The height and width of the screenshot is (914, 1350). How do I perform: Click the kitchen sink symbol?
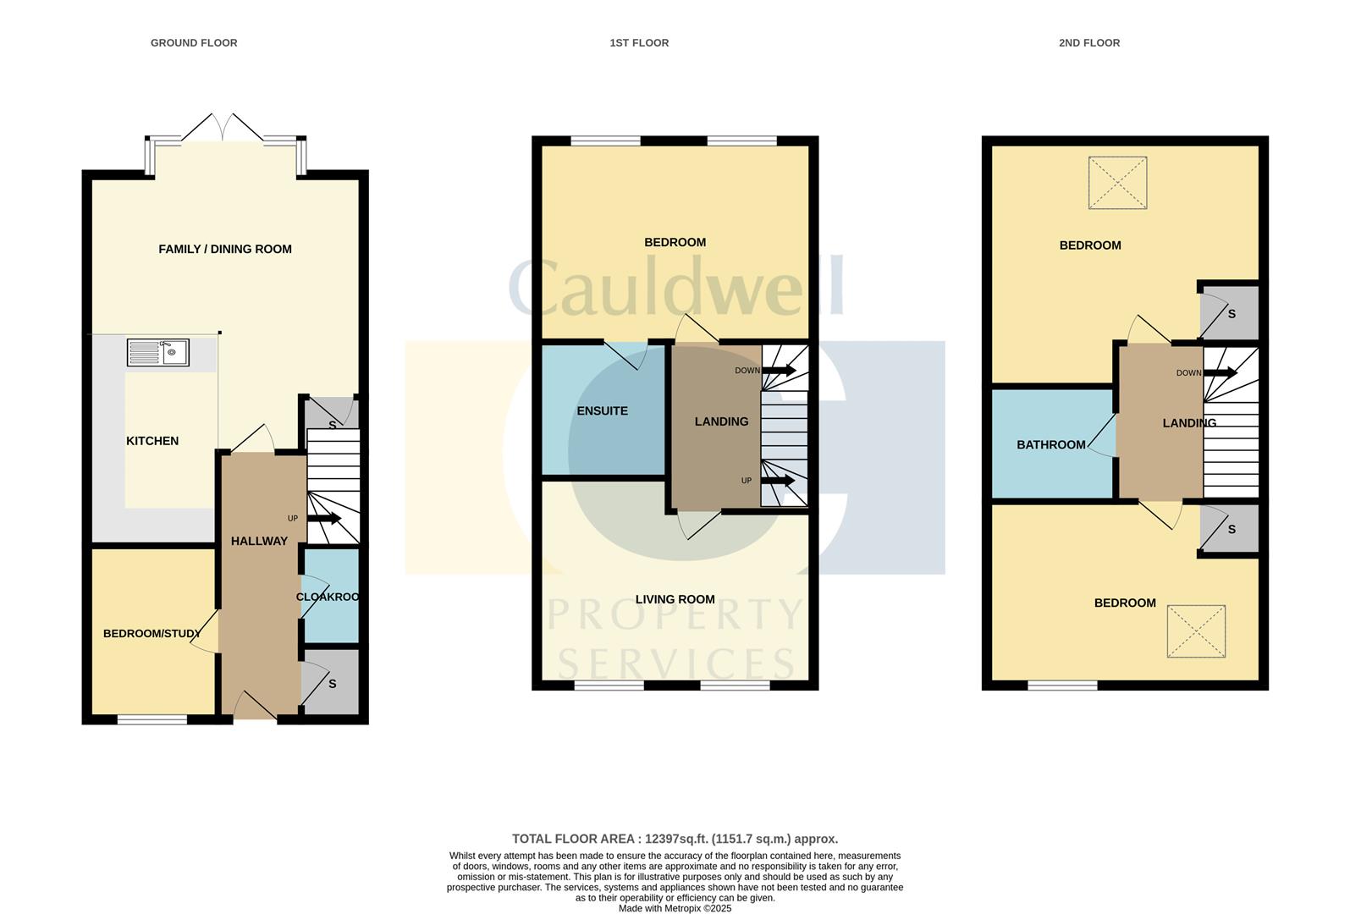click(158, 352)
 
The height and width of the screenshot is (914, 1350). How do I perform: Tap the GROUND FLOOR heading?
click(194, 42)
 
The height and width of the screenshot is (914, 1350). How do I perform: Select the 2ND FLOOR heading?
click(1088, 42)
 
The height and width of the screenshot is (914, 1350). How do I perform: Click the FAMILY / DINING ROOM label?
click(225, 249)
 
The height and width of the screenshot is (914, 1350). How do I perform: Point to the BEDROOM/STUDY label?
click(152, 633)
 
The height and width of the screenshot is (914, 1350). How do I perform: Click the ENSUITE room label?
click(602, 410)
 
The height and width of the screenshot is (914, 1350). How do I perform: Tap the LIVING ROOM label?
click(675, 599)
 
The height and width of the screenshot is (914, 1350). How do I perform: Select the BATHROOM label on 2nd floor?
click(1050, 444)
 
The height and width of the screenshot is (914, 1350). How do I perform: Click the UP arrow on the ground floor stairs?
click(324, 519)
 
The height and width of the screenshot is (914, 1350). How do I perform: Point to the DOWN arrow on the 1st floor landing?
click(779, 371)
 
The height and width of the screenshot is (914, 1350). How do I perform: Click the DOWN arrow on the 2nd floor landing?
click(1221, 372)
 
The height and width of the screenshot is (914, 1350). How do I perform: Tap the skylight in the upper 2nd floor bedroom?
click(1117, 183)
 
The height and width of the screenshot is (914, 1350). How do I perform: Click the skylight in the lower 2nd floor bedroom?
click(1196, 631)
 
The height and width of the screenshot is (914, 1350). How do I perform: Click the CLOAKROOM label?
click(328, 597)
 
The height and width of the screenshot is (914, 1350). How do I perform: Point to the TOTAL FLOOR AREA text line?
click(675, 839)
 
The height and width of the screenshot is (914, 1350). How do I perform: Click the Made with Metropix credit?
click(675, 908)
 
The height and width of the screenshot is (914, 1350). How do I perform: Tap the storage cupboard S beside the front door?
click(331, 683)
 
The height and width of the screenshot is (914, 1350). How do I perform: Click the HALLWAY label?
click(259, 541)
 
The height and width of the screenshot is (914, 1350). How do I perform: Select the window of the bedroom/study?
click(152, 720)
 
